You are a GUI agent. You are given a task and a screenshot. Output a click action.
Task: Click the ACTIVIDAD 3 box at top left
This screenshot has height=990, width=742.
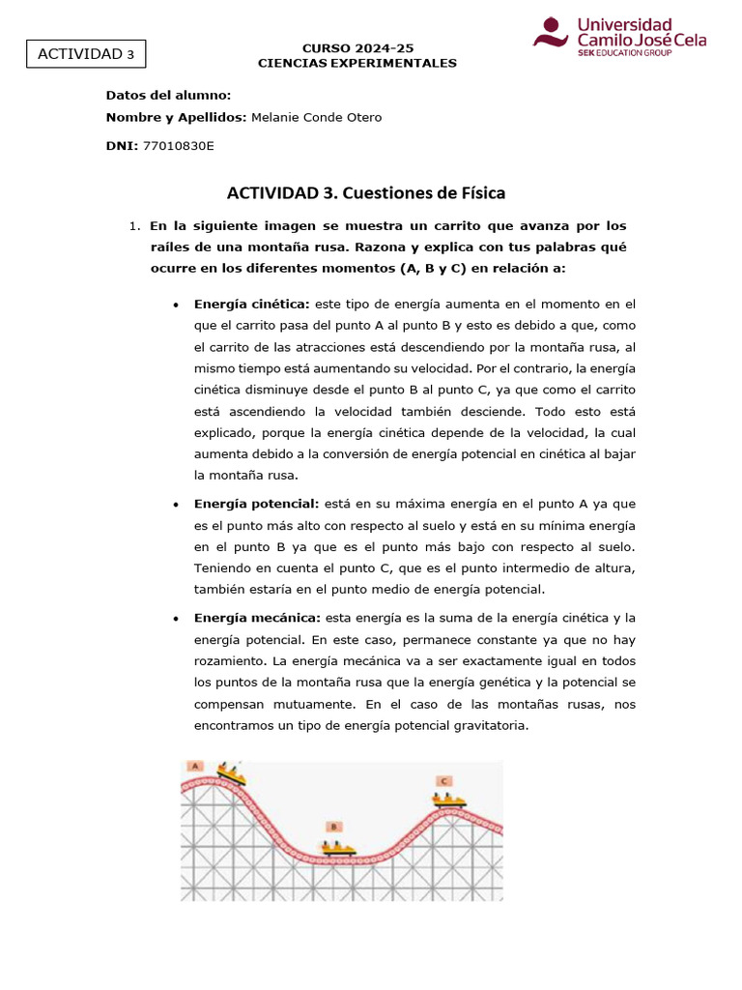[86, 54]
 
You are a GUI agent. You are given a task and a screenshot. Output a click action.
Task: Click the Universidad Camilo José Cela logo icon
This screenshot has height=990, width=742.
[552, 32]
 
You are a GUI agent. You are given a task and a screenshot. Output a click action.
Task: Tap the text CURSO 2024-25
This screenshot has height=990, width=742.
[357, 47]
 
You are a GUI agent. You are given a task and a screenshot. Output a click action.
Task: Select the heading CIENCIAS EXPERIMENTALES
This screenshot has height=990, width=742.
[357, 63]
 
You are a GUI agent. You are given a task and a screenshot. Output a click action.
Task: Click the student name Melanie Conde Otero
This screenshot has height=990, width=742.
[316, 117]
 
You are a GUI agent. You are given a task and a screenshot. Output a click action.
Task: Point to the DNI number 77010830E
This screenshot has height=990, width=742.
[178, 145]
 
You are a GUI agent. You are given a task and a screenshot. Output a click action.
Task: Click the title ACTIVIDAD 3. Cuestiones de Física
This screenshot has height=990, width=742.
[365, 192]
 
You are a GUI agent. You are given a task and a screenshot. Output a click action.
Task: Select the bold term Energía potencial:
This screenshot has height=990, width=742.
[256, 504]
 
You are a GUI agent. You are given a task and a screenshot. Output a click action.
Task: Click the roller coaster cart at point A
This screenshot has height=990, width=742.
[231, 773]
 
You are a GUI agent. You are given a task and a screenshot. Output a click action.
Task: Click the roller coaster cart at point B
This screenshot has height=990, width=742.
[338, 848]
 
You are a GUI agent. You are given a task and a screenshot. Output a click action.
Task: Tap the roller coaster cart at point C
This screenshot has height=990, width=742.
[448, 800]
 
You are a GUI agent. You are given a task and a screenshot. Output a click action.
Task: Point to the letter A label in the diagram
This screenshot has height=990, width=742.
[195, 766]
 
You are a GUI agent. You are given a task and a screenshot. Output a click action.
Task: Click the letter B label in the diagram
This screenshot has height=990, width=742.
[333, 827]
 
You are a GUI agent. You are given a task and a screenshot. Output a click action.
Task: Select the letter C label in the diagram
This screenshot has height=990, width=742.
[443, 780]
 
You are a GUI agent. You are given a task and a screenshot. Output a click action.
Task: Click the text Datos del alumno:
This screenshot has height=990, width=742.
[168, 95]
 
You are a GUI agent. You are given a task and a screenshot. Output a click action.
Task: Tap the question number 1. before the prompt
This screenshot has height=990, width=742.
[135, 226]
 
